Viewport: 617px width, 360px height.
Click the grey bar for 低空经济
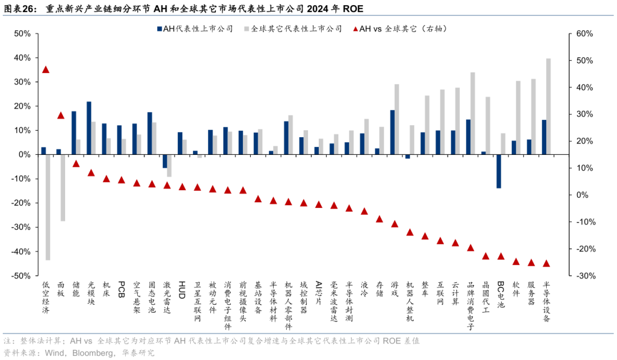click(48, 207)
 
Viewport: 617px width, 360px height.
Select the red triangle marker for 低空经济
click(46, 70)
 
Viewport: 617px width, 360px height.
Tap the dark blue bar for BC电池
click(499, 171)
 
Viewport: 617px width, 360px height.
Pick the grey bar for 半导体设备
click(548, 106)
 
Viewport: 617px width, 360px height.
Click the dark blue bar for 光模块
click(89, 128)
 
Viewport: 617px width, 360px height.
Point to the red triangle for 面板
click(61, 115)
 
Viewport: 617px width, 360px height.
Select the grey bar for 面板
click(63, 187)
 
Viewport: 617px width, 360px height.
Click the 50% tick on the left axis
click(22, 34)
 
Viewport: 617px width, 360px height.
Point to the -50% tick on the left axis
click(21, 275)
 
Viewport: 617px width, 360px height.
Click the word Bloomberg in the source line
click(93, 353)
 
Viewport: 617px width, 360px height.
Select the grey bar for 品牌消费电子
click(472, 113)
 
